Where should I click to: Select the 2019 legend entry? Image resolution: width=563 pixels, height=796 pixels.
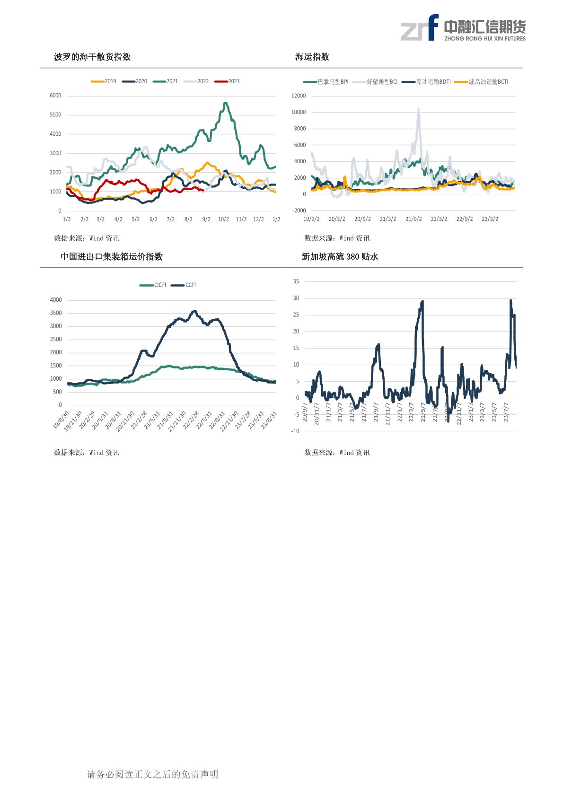(x=104, y=81)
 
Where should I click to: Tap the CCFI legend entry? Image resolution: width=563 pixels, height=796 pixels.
(x=184, y=285)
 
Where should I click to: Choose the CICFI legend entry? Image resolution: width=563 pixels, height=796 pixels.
(x=153, y=285)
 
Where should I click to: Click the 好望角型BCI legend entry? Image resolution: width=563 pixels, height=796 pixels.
(x=375, y=82)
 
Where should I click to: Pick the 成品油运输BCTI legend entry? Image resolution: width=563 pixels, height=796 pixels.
(x=482, y=82)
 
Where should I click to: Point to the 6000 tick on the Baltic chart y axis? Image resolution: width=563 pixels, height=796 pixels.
(x=55, y=96)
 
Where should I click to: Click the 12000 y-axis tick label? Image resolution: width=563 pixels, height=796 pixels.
(x=299, y=96)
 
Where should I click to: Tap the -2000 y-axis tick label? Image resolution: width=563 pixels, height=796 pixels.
(x=299, y=210)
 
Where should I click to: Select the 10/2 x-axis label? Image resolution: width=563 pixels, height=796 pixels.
(x=223, y=219)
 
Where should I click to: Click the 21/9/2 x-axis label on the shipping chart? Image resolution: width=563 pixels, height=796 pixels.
(x=413, y=219)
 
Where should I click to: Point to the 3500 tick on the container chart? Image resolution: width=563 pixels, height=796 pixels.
(x=56, y=313)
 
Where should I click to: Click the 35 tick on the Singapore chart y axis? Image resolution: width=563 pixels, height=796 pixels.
(x=296, y=281)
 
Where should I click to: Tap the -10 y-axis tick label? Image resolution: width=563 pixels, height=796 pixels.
(x=295, y=431)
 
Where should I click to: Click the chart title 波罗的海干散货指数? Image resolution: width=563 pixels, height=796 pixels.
(x=92, y=57)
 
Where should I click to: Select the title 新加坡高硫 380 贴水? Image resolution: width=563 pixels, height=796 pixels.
(x=340, y=256)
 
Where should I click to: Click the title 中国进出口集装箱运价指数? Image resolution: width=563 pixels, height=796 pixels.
(x=112, y=256)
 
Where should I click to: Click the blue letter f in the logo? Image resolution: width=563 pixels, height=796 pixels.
(x=432, y=27)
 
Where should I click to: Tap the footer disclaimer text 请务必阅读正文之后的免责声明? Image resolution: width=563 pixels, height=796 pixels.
(x=152, y=774)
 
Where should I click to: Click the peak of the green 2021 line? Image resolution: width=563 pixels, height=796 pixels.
(x=225, y=103)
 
